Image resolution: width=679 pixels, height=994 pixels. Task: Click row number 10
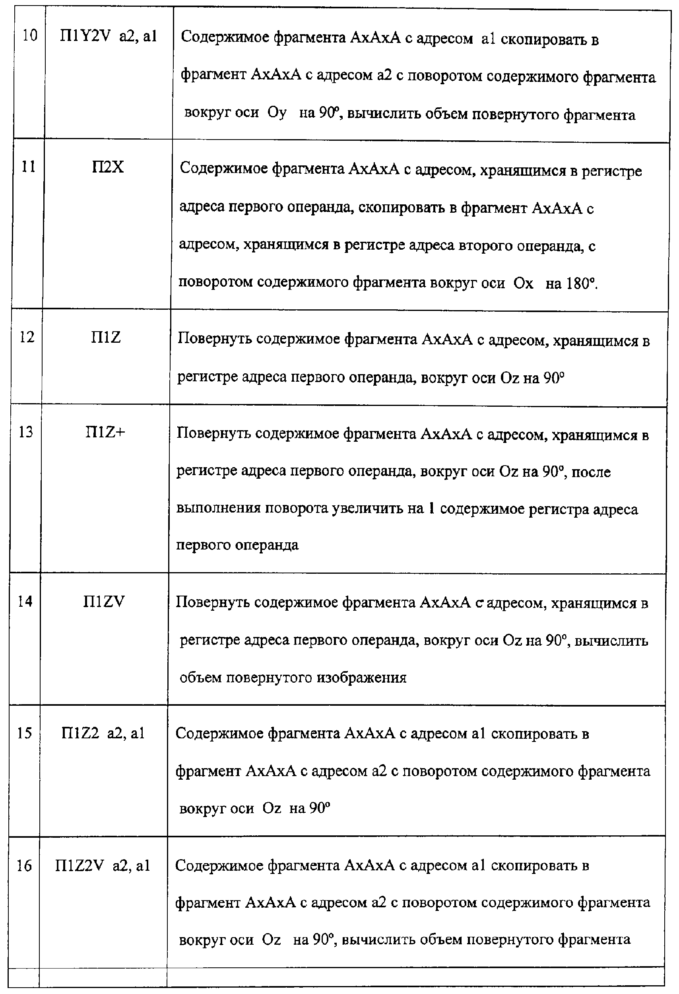[x=30, y=35]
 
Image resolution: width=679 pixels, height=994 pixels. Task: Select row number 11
[x=29, y=167]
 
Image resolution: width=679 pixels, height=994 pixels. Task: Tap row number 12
[x=27, y=337]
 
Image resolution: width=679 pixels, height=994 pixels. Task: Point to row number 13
[x=26, y=432]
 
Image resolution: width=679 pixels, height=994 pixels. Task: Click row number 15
[x=24, y=733]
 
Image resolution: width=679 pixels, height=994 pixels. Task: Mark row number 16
[x=24, y=866]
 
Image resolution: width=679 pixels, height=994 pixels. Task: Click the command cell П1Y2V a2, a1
[x=109, y=36]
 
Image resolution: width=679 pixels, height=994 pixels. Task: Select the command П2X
[x=108, y=167]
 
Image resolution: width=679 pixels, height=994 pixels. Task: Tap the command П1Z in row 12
[x=106, y=338]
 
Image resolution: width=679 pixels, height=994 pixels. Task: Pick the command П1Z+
[x=105, y=433]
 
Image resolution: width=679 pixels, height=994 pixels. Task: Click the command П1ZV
[x=104, y=602]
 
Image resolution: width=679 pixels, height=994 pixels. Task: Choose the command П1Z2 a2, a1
[x=103, y=734]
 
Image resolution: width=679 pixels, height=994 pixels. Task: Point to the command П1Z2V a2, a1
[x=103, y=866]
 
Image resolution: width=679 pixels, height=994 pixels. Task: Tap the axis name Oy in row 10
[x=277, y=113]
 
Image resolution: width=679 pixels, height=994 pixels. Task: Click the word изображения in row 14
[x=361, y=678]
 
